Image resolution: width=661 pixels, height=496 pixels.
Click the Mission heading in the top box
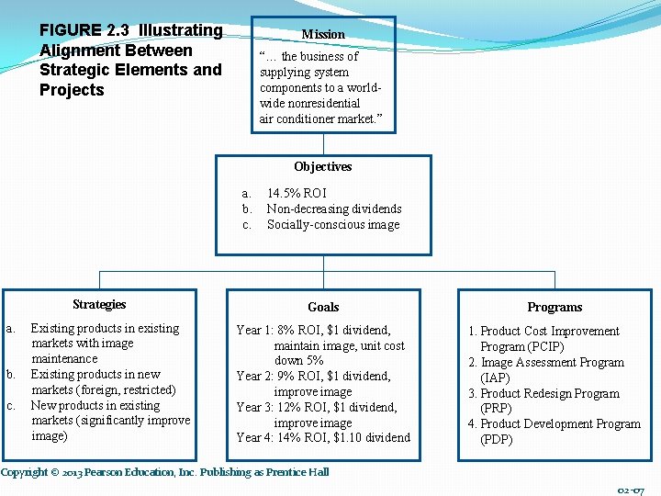[x=323, y=34]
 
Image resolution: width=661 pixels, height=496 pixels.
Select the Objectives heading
[x=322, y=167]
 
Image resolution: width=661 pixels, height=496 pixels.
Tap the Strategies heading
[x=99, y=305]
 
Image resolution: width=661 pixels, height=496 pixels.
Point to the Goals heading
[x=323, y=308]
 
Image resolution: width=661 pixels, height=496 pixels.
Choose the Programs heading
[x=555, y=308]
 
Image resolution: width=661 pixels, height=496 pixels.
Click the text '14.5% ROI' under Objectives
[x=296, y=194]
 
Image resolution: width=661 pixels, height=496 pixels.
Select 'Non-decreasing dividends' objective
[x=333, y=209]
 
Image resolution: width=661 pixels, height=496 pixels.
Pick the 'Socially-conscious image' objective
[x=332, y=225]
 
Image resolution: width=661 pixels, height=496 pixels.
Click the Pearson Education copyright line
[x=164, y=472]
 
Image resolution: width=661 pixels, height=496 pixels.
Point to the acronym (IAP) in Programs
[x=497, y=378]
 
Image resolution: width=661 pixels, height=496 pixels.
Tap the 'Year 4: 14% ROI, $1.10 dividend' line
[x=323, y=438]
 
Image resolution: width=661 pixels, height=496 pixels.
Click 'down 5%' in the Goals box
[x=298, y=361]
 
